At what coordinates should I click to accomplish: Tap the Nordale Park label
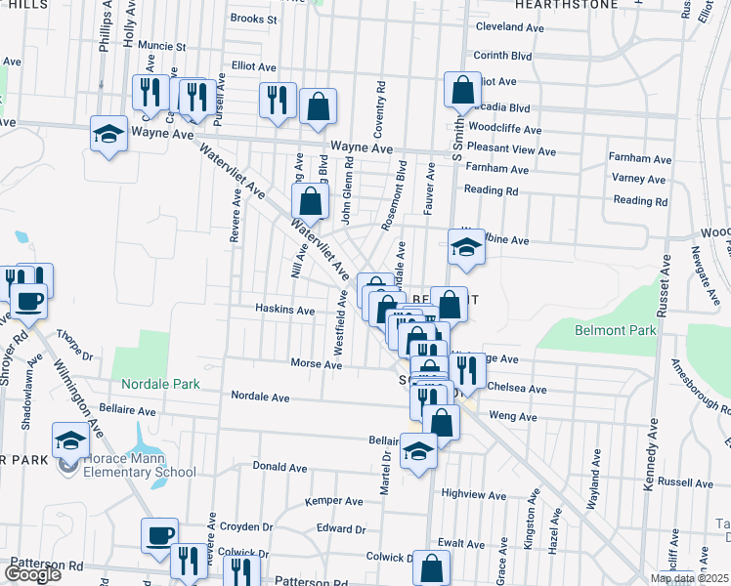pyautogui.click(x=161, y=385)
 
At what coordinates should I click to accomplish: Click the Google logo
pyautogui.click(x=32, y=574)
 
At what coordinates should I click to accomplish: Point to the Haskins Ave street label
pyautogui.click(x=285, y=311)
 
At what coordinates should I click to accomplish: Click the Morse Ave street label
pyautogui.click(x=316, y=364)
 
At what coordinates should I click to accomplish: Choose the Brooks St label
pyautogui.click(x=253, y=19)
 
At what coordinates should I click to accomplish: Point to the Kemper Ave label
pyautogui.click(x=334, y=502)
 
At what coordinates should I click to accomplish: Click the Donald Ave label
pyautogui.click(x=280, y=467)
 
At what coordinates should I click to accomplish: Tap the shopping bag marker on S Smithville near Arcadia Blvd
pyautogui.click(x=460, y=90)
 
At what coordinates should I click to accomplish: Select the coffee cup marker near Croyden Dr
pyautogui.click(x=159, y=535)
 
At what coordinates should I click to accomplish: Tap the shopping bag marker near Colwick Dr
pyautogui.click(x=431, y=567)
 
